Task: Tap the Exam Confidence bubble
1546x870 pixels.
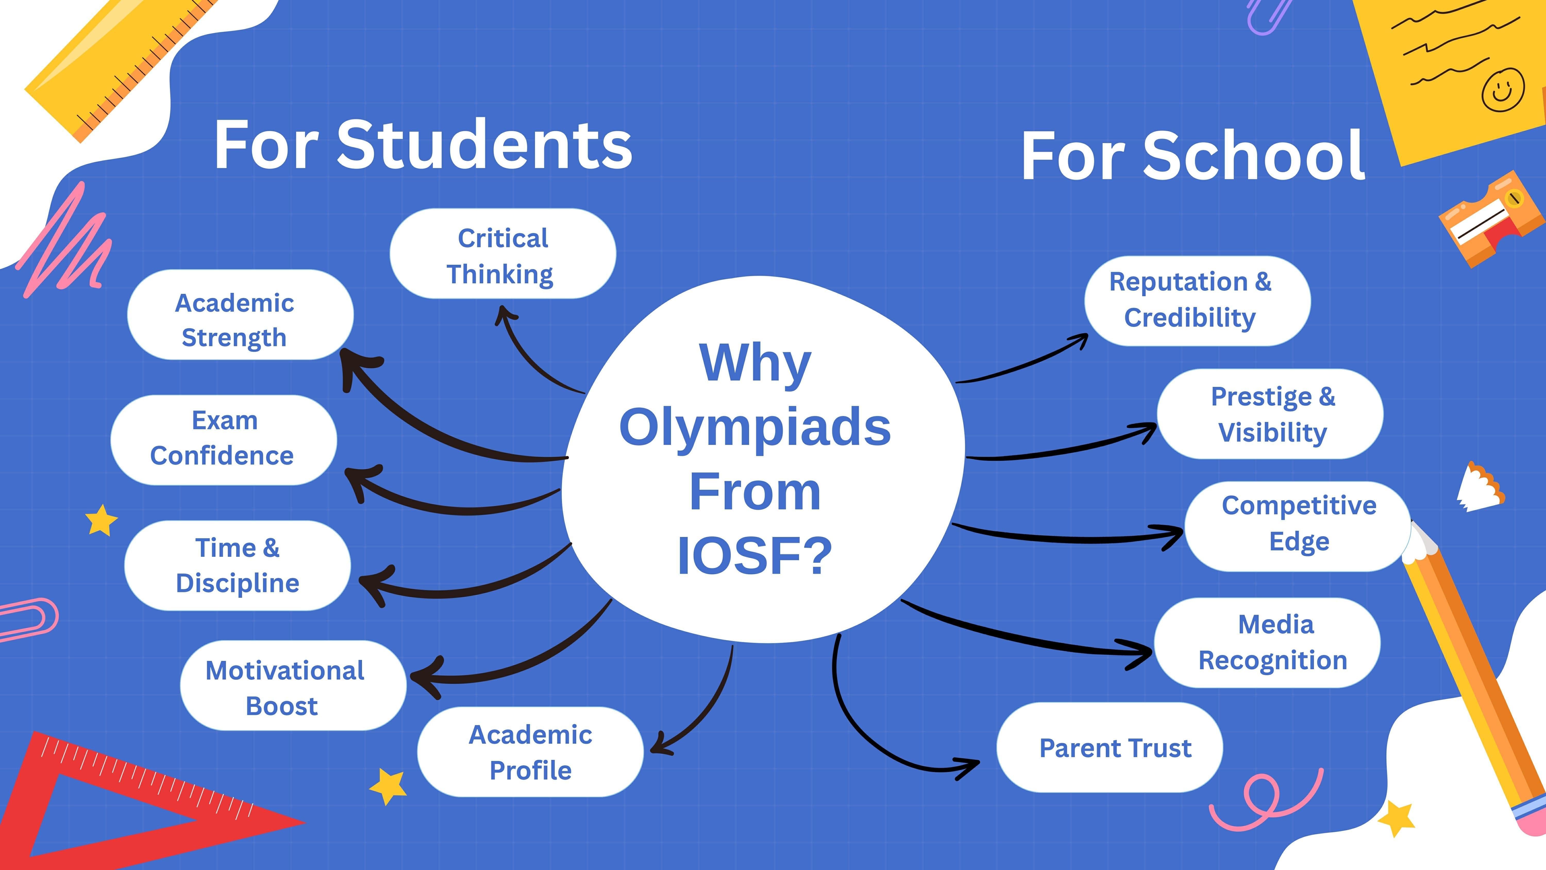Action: tap(223, 439)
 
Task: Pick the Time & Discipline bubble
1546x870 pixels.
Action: tap(237, 565)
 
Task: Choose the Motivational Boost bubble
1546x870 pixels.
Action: tap(292, 686)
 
